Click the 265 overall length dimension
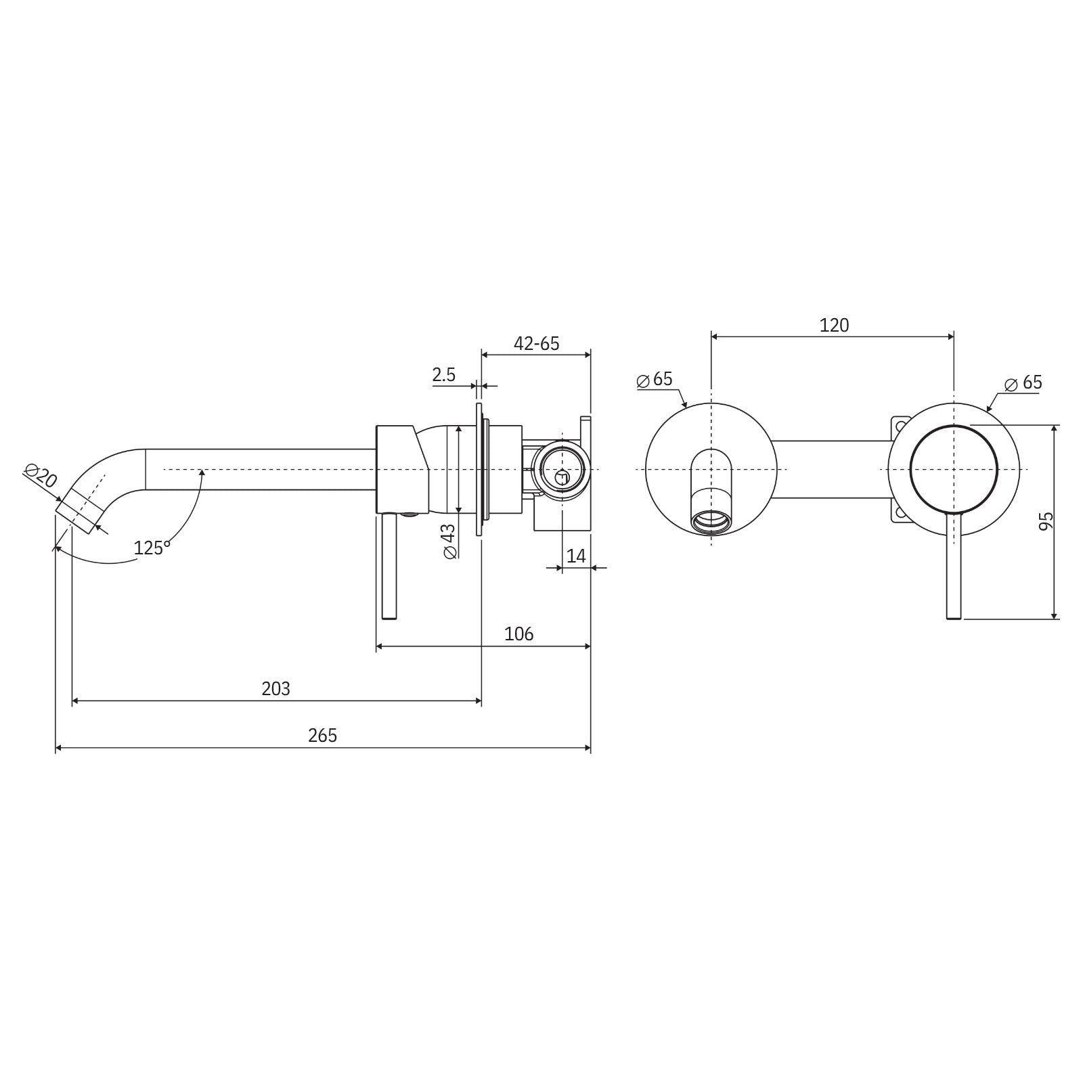click(x=322, y=735)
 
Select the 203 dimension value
click(x=275, y=688)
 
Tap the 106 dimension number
click(x=518, y=634)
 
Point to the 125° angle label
click(x=152, y=548)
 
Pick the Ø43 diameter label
click(x=449, y=541)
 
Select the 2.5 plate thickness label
click(x=444, y=375)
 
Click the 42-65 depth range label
click(x=536, y=343)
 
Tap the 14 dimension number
click(x=576, y=556)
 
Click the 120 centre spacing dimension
click(x=833, y=326)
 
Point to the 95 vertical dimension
click(x=1046, y=521)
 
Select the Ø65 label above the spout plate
click(x=655, y=379)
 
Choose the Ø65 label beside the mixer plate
click(x=1023, y=382)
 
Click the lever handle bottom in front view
click(x=953, y=615)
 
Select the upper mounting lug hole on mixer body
click(x=900, y=426)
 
